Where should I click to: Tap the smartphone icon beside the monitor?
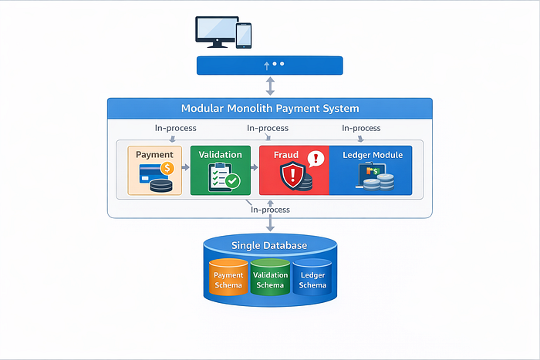(244, 35)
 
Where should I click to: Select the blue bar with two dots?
(270, 65)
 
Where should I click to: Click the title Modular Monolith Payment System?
(270, 109)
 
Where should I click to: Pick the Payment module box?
(154, 170)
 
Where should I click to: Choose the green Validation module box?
(220, 170)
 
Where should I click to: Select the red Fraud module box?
(294, 170)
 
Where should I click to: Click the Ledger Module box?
(371, 170)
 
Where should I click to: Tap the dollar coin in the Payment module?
(166, 167)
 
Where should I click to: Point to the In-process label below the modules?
(270, 209)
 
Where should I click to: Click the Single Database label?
(270, 246)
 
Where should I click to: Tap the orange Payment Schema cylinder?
(228, 279)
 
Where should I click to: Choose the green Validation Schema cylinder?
(270, 279)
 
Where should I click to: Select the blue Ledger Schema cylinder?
(312, 279)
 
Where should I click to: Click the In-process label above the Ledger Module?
(361, 128)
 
